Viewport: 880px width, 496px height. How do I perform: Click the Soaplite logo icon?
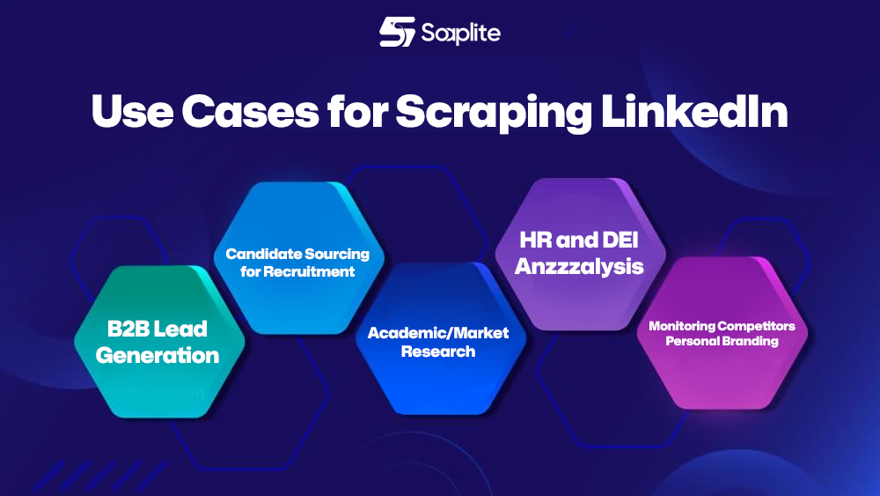[397, 33]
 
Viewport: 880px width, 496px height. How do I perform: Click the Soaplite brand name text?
[460, 33]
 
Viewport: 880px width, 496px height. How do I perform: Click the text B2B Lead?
[158, 329]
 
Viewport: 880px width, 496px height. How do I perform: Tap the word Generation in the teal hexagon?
[158, 355]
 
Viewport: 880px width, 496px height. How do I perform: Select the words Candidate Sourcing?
[297, 254]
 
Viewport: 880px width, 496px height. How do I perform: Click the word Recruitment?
[310, 271]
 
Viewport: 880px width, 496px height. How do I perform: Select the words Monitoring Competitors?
[722, 326]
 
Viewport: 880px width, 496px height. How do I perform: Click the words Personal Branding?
[722, 341]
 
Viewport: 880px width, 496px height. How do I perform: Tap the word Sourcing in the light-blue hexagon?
[336, 254]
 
